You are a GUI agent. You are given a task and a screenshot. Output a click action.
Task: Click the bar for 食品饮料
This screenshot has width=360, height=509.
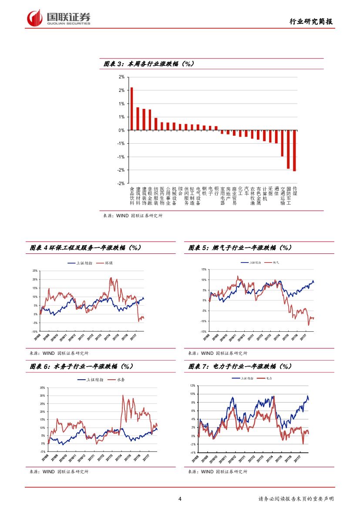click(x=132, y=109)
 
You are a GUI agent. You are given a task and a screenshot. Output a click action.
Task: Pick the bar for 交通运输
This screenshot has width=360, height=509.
click(x=282, y=143)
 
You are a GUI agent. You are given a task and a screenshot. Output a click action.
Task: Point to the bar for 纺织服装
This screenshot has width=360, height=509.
click(x=156, y=124)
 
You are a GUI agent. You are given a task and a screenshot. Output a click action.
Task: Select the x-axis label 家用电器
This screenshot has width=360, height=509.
click(x=222, y=196)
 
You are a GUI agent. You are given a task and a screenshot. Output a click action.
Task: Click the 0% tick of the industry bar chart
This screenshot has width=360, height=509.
click(x=121, y=130)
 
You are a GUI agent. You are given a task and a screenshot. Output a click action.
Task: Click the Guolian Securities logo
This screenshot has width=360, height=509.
click(x=59, y=18)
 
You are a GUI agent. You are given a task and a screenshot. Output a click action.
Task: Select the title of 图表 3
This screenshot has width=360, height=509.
click(x=148, y=64)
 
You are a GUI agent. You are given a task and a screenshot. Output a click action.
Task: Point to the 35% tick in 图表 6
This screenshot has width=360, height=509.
click(x=42, y=388)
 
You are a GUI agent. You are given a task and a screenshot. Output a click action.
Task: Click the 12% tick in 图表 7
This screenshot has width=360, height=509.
click(x=192, y=386)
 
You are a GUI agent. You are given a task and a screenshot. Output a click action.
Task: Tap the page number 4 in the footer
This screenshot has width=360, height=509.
click(x=180, y=499)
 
